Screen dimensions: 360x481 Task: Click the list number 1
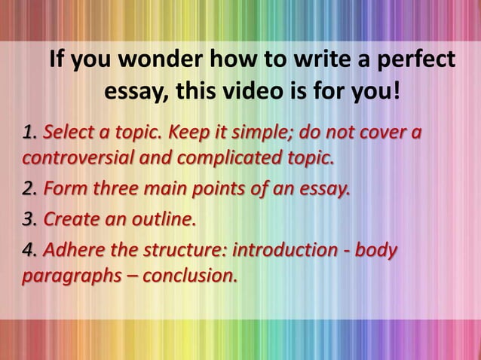point(30,134)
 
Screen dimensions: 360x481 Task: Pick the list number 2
point(30,186)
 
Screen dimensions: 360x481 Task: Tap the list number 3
point(30,221)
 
